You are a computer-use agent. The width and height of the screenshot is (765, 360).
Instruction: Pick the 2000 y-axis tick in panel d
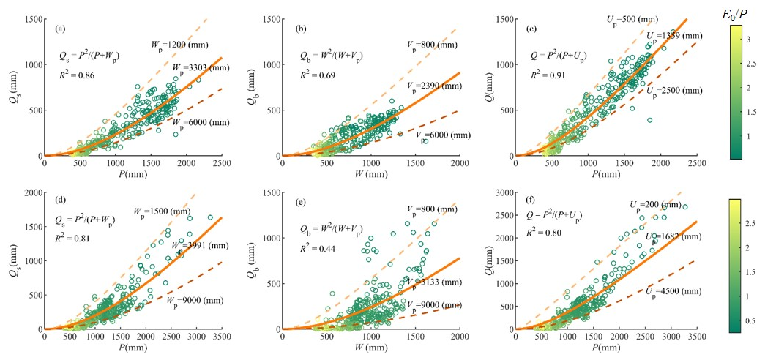coord(31,192)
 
